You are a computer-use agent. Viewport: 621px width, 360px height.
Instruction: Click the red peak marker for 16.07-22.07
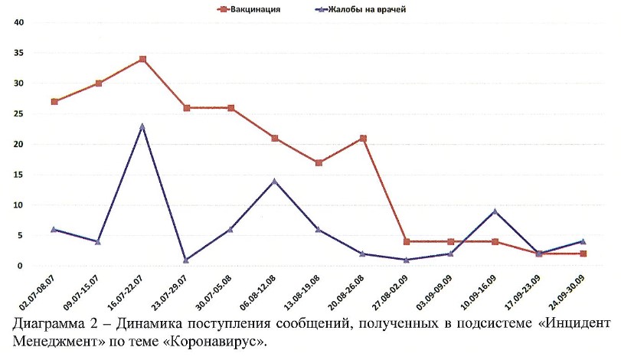pyautogui.click(x=142, y=59)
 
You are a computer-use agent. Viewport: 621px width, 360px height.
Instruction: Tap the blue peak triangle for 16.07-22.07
pyautogui.click(x=142, y=126)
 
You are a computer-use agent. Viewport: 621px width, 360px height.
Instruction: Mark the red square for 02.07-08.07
pyautogui.click(x=54, y=101)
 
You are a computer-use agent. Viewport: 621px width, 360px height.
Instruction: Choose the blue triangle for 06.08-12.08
pyautogui.click(x=275, y=181)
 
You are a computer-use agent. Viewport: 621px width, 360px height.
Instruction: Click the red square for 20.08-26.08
pyautogui.click(x=363, y=139)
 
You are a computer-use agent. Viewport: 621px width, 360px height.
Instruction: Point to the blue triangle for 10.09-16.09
pyautogui.click(x=495, y=211)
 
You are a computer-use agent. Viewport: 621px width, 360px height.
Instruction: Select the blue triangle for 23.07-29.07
pyautogui.click(x=186, y=260)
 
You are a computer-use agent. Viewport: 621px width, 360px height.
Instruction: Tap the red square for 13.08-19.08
pyautogui.click(x=319, y=162)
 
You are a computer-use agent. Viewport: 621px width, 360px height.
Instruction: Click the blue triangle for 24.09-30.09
pyautogui.click(x=583, y=242)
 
